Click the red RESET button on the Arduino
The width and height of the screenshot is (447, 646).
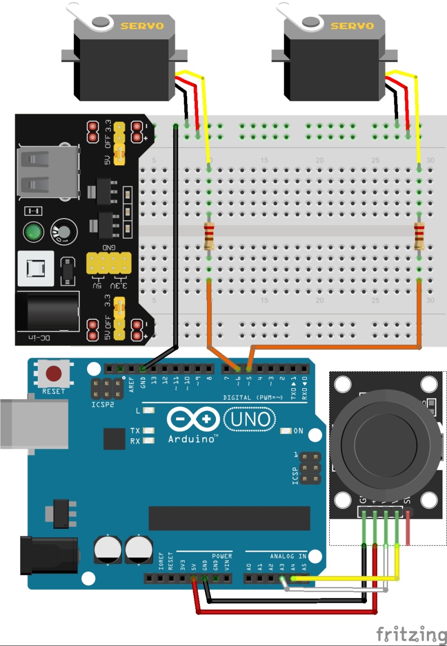pyautogui.click(x=54, y=374)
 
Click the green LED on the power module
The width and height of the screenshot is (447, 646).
pyautogui.click(x=33, y=232)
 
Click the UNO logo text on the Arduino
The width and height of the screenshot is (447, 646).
pyautogui.click(x=250, y=419)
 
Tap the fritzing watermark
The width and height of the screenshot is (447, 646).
pyautogui.click(x=410, y=633)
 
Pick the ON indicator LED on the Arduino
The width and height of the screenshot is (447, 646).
pyautogui.click(x=286, y=431)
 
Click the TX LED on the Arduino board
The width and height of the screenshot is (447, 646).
pyautogui.click(x=148, y=431)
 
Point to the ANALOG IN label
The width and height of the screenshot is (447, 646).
pyautogui.click(x=288, y=557)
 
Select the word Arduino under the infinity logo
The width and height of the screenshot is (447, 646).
pyautogui.click(x=193, y=439)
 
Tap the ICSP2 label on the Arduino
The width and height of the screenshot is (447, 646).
pyautogui.click(x=103, y=404)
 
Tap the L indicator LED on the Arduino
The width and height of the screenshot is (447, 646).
pyautogui.click(x=148, y=411)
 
